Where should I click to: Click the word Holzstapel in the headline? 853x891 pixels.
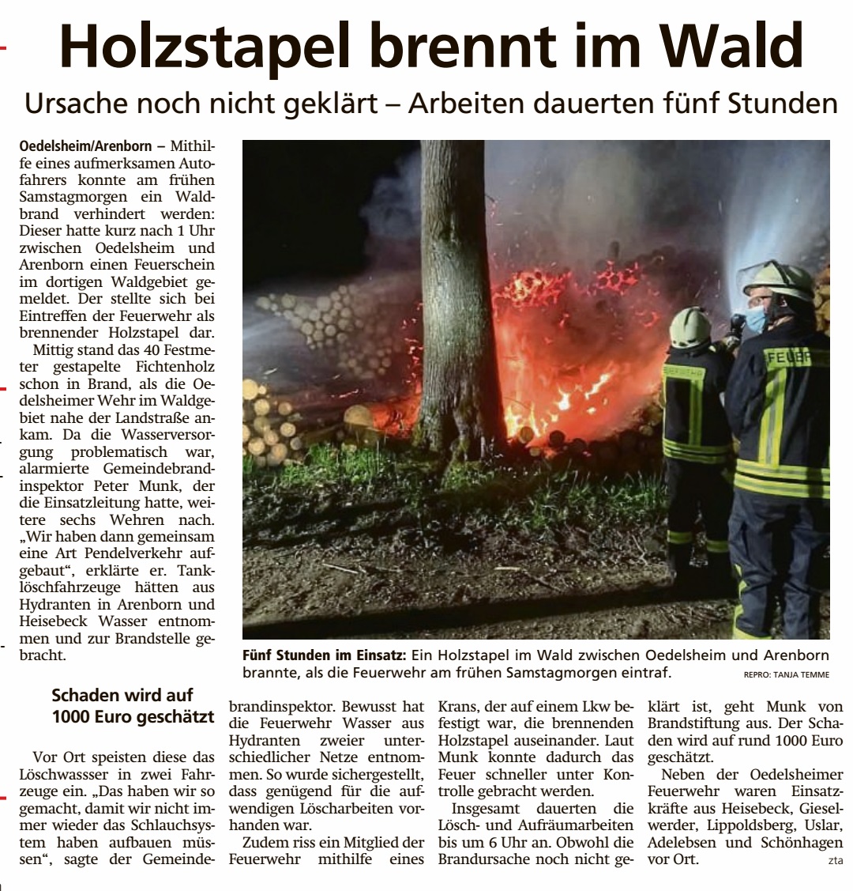(205, 47)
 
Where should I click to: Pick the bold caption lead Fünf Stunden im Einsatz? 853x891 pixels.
(324, 655)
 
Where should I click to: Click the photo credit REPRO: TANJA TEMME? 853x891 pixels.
(787, 675)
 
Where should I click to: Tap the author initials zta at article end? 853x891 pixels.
(836, 861)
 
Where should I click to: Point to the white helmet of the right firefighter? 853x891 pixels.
(779, 281)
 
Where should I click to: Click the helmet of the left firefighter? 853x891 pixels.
(690, 327)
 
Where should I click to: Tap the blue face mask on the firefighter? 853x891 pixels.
(756, 319)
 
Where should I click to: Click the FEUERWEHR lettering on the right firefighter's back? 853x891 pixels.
(794, 357)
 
